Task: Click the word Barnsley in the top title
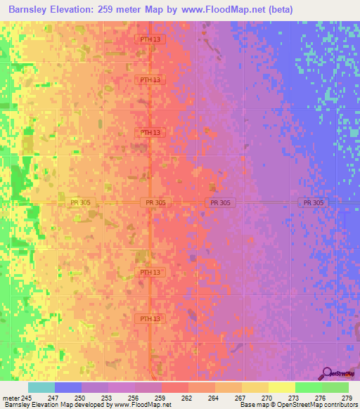[x=32, y=10]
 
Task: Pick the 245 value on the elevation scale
[x=27, y=398]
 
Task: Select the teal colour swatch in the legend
[x=41, y=387]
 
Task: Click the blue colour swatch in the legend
[x=68, y=387]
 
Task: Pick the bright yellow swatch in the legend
[x=282, y=387]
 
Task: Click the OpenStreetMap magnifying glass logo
[x=328, y=373]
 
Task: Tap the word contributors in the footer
[x=340, y=405]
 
